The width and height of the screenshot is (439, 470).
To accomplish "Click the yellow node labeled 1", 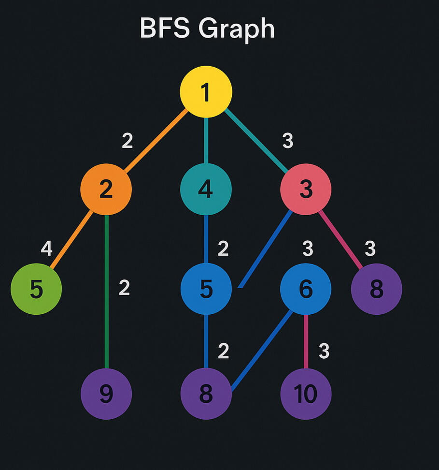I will pyautogui.click(x=206, y=92).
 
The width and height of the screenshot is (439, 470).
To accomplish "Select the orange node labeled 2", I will pyautogui.click(x=106, y=189).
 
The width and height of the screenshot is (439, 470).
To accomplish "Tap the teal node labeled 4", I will pyautogui.click(x=206, y=189).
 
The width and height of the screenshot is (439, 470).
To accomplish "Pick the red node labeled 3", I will pyautogui.click(x=306, y=189).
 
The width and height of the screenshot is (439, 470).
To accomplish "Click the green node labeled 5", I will pyautogui.click(x=36, y=289).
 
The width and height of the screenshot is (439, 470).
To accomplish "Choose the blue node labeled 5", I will pyautogui.click(x=206, y=289).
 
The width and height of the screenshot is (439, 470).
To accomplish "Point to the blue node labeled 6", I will pyautogui.click(x=306, y=289).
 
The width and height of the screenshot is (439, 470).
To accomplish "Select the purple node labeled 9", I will pyautogui.click(x=106, y=394).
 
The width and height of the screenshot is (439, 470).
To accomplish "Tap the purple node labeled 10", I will pyautogui.click(x=306, y=394).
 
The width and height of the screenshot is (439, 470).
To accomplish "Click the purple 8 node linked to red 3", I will pyautogui.click(x=376, y=289).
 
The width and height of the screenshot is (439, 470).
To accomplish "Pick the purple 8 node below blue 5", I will pyautogui.click(x=206, y=394).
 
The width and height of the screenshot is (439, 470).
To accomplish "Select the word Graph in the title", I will pyautogui.click(x=236, y=29).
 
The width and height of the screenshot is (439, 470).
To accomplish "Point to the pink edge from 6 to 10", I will pyautogui.click(x=306, y=341).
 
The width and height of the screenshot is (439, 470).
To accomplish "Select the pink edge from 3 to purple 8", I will pyautogui.click(x=341, y=239).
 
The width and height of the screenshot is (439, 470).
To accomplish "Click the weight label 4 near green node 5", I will pyautogui.click(x=46, y=249).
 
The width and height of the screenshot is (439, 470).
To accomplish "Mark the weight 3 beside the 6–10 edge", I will pyautogui.click(x=324, y=352).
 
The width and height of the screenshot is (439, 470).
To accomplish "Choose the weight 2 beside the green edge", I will pyautogui.click(x=124, y=288).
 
